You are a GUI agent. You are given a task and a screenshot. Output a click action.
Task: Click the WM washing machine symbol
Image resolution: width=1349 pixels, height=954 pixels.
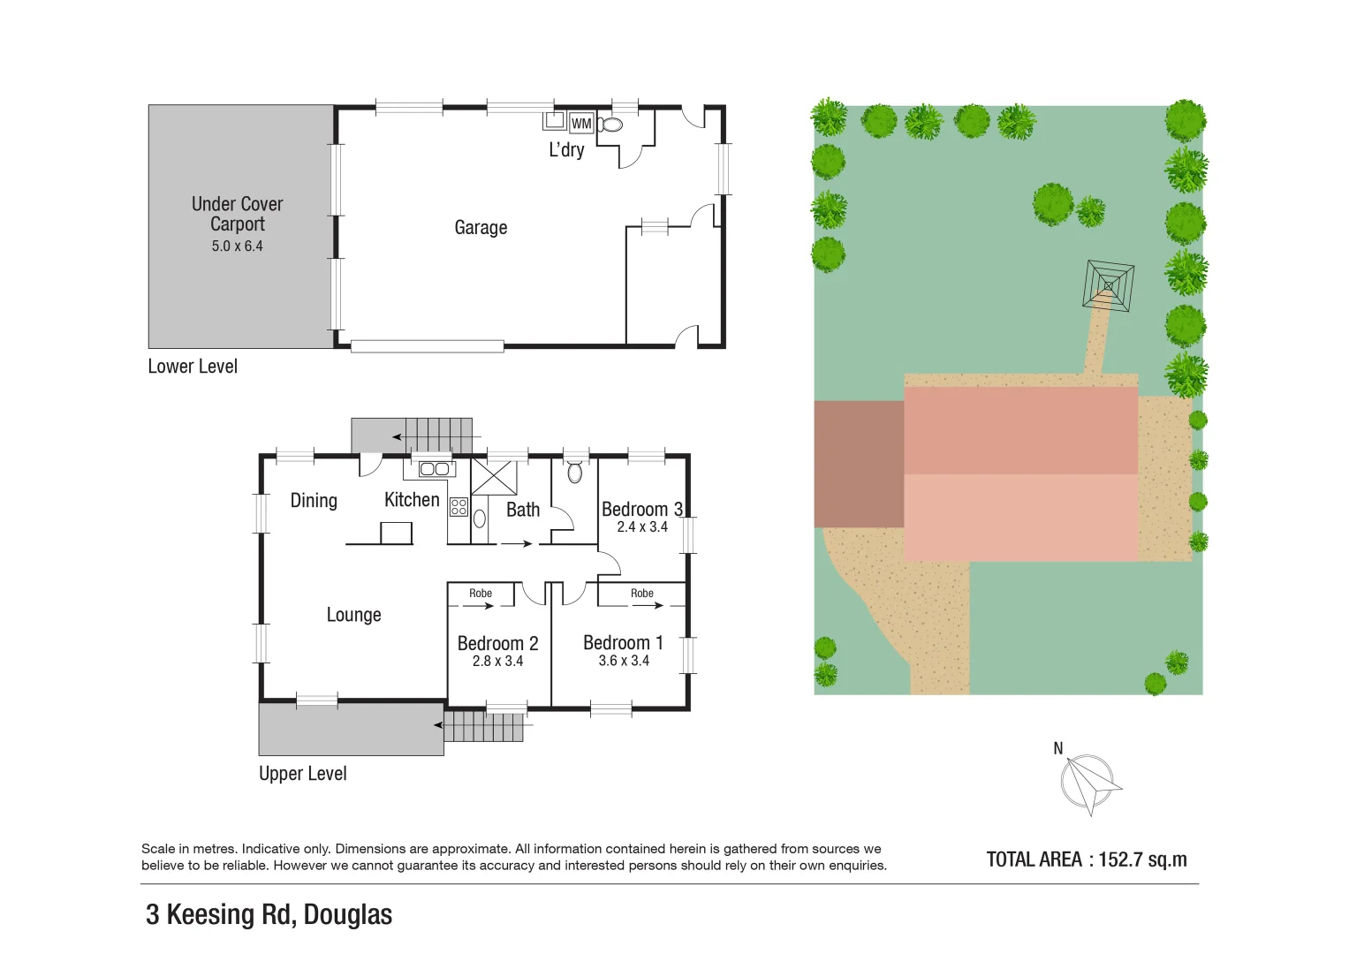click(581, 124)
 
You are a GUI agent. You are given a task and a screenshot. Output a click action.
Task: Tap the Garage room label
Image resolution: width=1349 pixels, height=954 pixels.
click(481, 228)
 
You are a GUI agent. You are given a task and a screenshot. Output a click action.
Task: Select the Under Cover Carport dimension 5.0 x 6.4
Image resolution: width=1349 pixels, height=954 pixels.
click(237, 246)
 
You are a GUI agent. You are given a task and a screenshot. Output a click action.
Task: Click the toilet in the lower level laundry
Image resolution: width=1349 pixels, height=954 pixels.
click(610, 124)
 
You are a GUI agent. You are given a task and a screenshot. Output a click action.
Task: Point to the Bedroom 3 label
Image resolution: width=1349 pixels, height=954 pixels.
click(641, 510)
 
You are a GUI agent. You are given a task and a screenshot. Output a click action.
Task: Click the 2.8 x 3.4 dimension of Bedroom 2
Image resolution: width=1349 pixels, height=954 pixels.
click(497, 661)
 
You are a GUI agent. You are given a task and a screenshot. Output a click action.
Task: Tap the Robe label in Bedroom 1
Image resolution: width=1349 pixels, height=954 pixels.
click(642, 594)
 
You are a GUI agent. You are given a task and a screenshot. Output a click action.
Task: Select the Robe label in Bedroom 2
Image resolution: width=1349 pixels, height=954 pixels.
click(481, 594)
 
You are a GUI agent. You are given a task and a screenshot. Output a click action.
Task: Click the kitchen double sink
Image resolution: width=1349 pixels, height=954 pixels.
click(434, 469)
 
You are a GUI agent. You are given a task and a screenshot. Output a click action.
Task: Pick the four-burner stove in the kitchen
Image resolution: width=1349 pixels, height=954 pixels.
click(459, 507)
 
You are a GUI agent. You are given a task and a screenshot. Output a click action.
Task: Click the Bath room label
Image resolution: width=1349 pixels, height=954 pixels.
click(523, 510)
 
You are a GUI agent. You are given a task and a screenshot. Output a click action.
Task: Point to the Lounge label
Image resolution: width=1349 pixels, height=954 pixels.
click(353, 615)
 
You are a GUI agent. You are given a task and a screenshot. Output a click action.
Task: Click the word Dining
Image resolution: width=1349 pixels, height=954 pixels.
click(314, 501)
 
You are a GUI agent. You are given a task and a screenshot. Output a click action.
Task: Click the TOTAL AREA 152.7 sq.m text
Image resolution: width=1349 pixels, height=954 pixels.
click(1087, 859)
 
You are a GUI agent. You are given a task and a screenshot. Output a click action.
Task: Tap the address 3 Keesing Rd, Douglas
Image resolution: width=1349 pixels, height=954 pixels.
click(269, 914)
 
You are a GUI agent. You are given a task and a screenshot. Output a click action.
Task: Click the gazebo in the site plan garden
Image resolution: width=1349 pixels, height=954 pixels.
click(1108, 284)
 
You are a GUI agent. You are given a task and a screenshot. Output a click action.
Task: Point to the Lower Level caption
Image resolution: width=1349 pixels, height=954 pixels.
click(193, 367)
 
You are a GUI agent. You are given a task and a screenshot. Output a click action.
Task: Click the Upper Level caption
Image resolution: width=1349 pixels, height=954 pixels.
click(302, 774)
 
